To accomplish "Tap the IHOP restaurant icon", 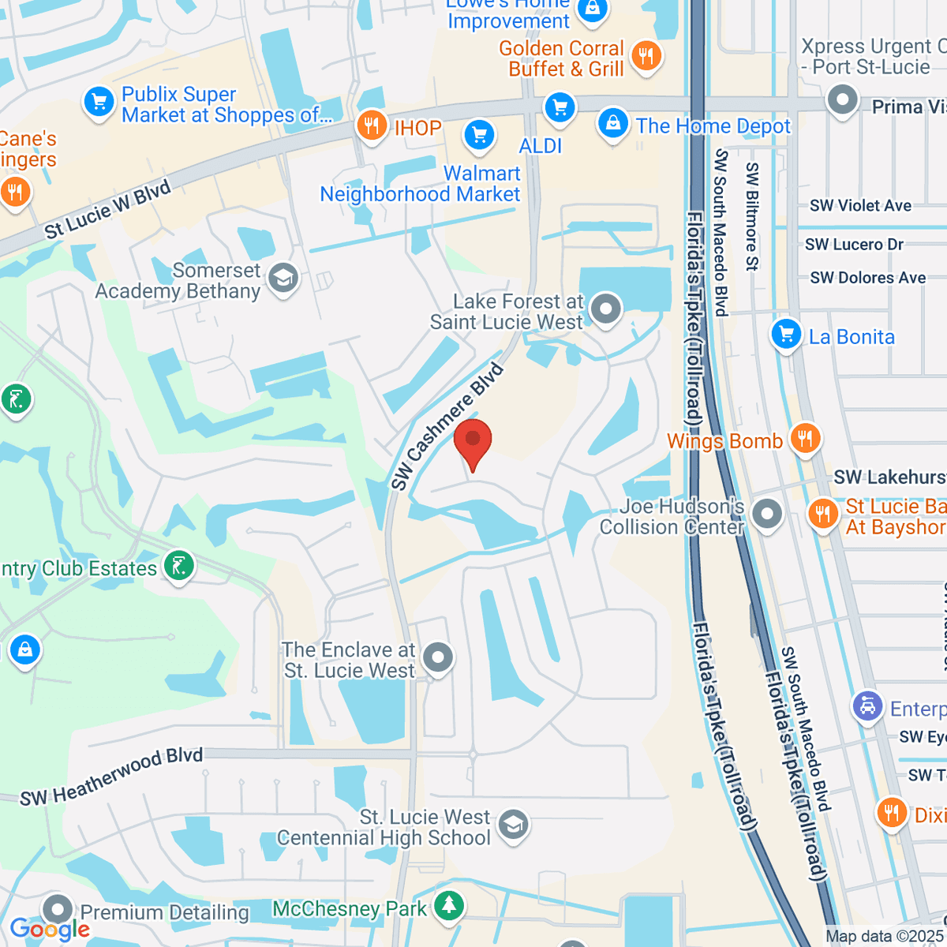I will [x=371, y=125].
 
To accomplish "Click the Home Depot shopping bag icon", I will [x=612, y=123].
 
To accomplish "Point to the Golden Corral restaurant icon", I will [x=646, y=55].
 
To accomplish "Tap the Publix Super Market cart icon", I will [x=99, y=102].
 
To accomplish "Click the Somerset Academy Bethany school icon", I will [x=283, y=278].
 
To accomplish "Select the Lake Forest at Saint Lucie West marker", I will [x=606, y=309].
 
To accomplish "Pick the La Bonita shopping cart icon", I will [x=786, y=334].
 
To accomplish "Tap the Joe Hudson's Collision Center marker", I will [x=765, y=514].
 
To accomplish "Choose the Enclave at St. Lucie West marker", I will [x=437, y=657].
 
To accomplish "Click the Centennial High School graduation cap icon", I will [x=513, y=825].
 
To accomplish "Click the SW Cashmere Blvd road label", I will [x=447, y=427].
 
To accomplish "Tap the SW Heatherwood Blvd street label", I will [x=111, y=777].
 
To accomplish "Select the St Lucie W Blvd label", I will [x=107, y=210].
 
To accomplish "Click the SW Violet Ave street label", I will [x=860, y=206].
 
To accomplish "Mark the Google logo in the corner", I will [x=50, y=929].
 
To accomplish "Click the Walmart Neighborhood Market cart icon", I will [x=479, y=135].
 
